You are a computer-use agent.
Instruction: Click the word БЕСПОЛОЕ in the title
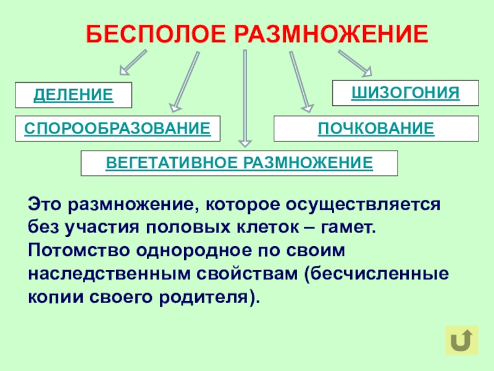pos(154,34)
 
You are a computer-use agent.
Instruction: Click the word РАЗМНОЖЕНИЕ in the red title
pos(330,34)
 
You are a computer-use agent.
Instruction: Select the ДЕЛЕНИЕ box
pos(73,95)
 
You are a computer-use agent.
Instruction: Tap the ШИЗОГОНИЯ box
pos(406,93)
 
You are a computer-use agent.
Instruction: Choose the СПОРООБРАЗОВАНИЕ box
pos(118,129)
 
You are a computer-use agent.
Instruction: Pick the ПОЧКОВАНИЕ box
pos(376,129)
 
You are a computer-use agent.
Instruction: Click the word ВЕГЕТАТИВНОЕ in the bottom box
pos(172,163)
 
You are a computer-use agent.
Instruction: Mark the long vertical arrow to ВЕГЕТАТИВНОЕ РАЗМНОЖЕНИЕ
pos(245,99)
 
